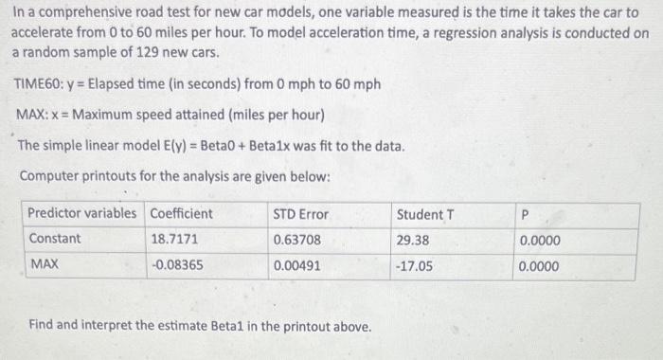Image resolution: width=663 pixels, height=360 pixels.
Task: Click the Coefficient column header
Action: pos(181,213)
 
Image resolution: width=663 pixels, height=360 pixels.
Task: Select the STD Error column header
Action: pos(300,213)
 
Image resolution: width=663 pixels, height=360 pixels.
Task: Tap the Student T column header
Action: pos(425,213)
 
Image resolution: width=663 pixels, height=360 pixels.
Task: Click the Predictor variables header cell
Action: pos(81,213)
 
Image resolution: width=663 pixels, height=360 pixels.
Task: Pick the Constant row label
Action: pos(55,239)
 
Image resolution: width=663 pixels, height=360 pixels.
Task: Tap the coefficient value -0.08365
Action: pos(177,265)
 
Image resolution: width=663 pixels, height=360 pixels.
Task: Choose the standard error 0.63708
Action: pos(296,240)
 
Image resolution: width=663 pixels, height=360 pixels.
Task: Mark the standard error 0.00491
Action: pos(296,265)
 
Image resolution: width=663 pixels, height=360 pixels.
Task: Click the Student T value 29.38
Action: pos(413,240)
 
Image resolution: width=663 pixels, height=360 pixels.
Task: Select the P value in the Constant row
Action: pos(539,241)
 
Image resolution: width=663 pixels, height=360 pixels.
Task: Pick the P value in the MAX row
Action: pos(539,266)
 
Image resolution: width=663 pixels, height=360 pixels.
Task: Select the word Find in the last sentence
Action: pos(43,326)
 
